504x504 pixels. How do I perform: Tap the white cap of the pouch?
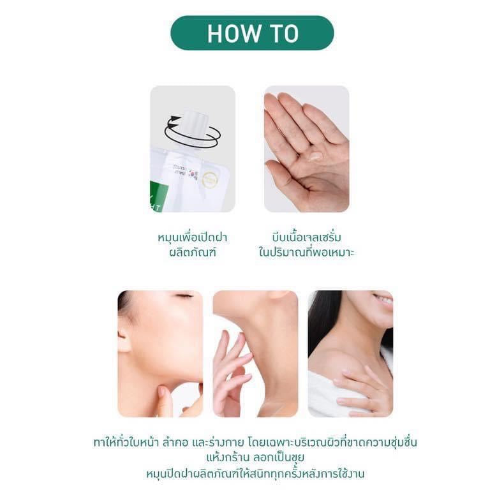192,129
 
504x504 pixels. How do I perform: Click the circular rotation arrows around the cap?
193,133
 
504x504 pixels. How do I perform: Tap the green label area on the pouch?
159,196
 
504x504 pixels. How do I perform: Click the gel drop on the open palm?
315,156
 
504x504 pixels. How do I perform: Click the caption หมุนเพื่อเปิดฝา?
192,238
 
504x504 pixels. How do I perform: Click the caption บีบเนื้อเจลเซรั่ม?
306,238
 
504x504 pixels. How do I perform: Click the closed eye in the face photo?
184,295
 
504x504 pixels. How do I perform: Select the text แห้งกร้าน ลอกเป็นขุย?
255,457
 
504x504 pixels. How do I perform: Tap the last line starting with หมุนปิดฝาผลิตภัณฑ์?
255,474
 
